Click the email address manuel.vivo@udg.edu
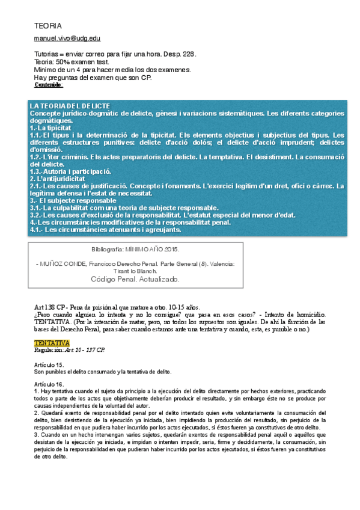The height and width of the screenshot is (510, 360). tap(67, 38)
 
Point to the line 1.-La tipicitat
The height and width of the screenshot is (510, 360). tap(50, 128)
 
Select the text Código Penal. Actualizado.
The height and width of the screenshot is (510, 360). tap(135, 279)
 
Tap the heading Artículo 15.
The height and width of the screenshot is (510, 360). tap(49, 364)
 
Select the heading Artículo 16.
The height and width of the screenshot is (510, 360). tap(49, 384)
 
